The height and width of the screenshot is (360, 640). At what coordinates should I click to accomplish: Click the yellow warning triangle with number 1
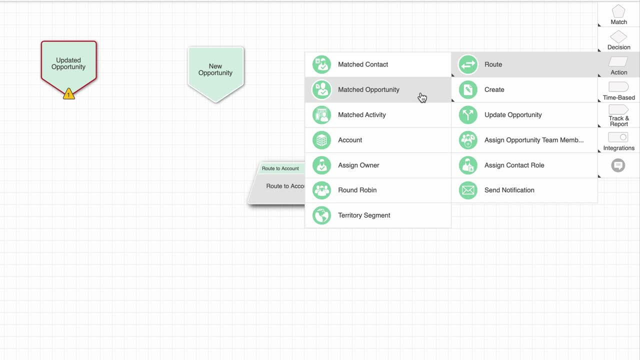(x=69, y=94)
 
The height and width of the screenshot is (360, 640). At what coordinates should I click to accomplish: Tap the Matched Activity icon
(x=321, y=115)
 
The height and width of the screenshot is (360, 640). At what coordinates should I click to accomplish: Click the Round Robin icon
(x=321, y=190)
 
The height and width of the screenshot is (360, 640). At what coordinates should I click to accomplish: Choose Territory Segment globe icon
(x=321, y=215)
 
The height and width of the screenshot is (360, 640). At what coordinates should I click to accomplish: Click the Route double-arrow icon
(x=468, y=64)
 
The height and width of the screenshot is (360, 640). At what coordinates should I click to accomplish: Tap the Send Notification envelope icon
(x=468, y=190)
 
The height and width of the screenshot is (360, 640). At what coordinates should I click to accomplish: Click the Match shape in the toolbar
(x=618, y=14)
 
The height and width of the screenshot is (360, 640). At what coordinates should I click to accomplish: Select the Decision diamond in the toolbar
(x=618, y=40)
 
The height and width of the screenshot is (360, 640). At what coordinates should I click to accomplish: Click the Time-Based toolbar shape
(x=618, y=90)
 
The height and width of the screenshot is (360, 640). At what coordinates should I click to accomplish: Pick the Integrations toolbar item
(x=618, y=141)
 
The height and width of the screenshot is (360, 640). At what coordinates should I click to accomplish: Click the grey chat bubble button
(x=618, y=165)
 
